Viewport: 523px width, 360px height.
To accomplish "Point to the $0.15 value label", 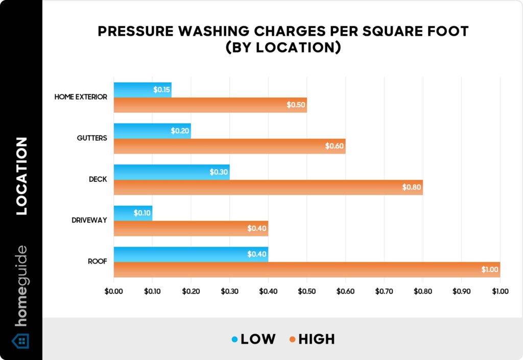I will [162, 90].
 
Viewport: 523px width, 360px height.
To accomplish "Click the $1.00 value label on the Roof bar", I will [489, 270].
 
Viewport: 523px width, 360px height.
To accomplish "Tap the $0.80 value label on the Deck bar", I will [412, 187].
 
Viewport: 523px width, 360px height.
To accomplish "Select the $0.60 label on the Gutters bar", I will [335, 147].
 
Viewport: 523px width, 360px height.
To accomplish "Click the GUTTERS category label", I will [92, 138].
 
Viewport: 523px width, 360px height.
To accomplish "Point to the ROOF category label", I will [98, 261].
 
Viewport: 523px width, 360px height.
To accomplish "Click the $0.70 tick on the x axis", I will [384, 292].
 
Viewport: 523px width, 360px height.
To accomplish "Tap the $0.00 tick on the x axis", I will [113, 292].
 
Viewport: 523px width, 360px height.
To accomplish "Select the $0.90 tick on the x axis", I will [461, 292].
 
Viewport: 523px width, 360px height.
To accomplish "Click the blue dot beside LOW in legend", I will [234, 339].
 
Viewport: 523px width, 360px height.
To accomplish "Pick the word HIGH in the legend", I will [317, 339].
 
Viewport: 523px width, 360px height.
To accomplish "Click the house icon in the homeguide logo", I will [20, 341].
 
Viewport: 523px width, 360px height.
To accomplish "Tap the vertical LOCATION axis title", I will [21, 176].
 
